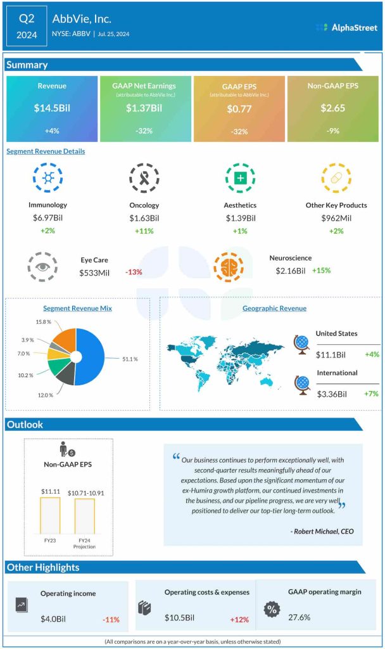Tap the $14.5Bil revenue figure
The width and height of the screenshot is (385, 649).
coord(52,108)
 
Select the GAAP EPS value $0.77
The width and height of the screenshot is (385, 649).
coord(239,109)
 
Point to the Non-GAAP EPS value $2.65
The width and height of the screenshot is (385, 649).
coord(332,108)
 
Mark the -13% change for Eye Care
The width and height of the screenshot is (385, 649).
coord(134,272)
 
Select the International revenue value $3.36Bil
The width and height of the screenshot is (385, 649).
coord(331,394)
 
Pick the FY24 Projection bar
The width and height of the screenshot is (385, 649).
coord(85,516)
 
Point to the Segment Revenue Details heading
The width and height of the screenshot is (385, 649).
coord(46,151)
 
